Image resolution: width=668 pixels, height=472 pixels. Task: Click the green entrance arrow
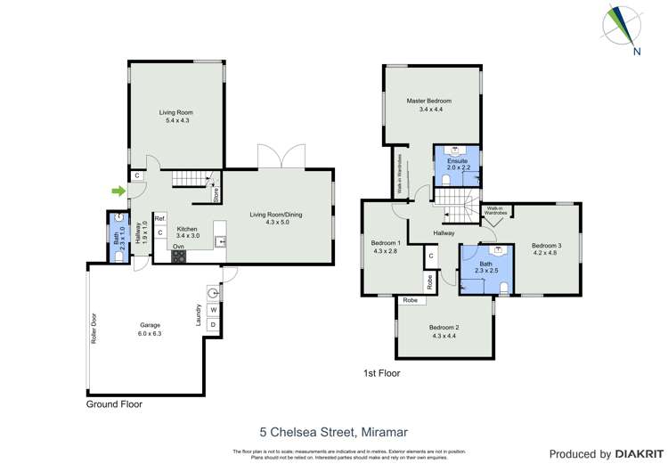pos(117,190)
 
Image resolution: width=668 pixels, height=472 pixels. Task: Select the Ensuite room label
pos(457,163)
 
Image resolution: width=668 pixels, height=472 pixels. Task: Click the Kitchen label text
pos(186,232)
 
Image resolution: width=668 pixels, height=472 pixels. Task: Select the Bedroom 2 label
pos(444,330)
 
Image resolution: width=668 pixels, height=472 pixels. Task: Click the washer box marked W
pos(213,310)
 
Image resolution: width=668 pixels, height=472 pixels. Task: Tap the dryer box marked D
pos(213,326)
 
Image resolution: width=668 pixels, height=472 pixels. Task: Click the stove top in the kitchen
pos(179,256)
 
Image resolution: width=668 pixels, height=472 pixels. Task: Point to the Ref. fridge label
pos(160,218)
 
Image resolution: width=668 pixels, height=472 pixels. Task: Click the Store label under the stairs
pos(216,194)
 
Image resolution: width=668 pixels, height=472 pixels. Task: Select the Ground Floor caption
pos(113,403)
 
